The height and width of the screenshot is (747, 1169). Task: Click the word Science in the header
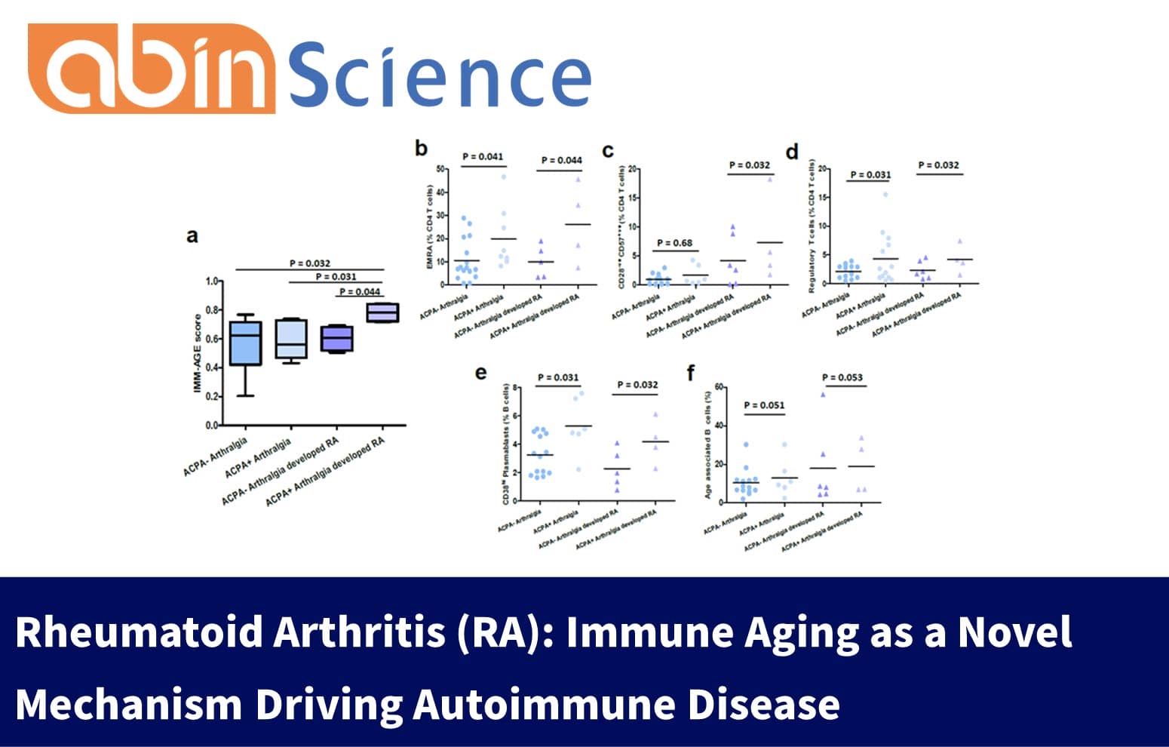click(440, 73)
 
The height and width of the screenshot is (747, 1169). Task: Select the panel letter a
click(192, 236)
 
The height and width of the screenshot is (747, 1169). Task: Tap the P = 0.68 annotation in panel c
click(674, 243)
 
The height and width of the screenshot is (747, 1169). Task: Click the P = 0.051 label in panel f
click(764, 405)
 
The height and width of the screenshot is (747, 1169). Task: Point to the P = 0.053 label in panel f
click(842, 377)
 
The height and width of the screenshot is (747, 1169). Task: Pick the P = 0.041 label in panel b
click(483, 157)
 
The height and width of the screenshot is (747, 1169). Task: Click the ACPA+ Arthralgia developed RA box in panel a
click(382, 312)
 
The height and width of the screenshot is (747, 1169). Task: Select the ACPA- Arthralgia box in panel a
click(245, 343)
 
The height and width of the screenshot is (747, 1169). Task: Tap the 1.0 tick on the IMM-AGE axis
click(212, 281)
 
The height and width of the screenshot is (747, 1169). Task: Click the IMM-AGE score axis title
click(198, 353)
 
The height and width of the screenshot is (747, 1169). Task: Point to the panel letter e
click(481, 373)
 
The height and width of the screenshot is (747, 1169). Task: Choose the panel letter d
click(792, 152)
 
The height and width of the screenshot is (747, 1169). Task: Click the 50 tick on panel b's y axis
click(440, 169)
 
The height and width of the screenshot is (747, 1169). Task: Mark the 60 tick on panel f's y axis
click(719, 387)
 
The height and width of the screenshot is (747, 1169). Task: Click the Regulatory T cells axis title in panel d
click(812, 226)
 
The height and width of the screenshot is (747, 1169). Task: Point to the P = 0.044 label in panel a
click(360, 291)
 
